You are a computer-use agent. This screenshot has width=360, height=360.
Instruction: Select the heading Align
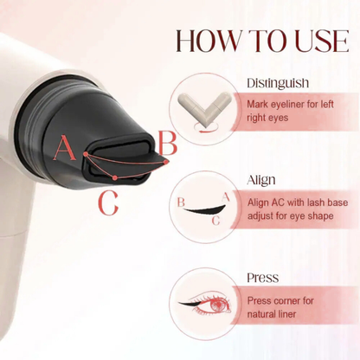[261, 181]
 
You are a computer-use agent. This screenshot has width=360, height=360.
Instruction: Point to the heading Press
[262, 279]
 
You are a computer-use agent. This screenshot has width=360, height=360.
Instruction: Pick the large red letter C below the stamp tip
[108, 202]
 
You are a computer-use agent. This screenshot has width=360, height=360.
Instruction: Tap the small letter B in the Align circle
[181, 202]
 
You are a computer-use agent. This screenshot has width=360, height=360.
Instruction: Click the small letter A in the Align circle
[226, 196]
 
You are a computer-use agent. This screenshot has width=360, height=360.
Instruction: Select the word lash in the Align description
[315, 202]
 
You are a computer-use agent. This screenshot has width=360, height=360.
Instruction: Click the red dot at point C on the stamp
[115, 177]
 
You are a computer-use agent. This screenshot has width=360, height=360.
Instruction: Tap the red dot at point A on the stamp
[87, 156]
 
